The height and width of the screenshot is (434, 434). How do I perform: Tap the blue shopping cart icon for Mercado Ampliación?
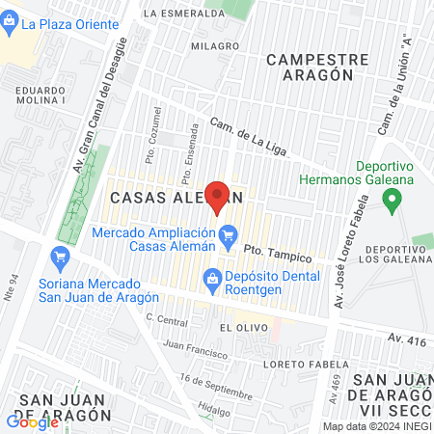(x=229, y=234)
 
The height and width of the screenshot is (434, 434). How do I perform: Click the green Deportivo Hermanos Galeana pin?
(x=392, y=202)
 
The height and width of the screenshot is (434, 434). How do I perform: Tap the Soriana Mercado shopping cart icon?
(x=61, y=257)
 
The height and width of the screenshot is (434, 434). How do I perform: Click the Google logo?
(x=33, y=421)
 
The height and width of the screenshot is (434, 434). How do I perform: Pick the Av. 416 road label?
(x=407, y=338)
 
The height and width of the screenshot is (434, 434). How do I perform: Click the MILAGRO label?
(x=214, y=45)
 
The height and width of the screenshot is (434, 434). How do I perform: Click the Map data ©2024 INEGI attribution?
(x=376, y=426)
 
